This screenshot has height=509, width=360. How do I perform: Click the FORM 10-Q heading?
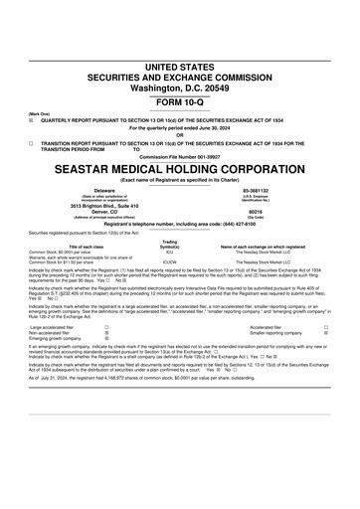(x=179, y=76)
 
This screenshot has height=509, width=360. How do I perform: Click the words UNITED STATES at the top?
(x=179, y=37)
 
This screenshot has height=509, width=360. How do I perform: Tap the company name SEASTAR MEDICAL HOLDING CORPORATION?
(x=179, y=169)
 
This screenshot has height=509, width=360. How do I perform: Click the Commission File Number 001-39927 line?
(x=179, y=157)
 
